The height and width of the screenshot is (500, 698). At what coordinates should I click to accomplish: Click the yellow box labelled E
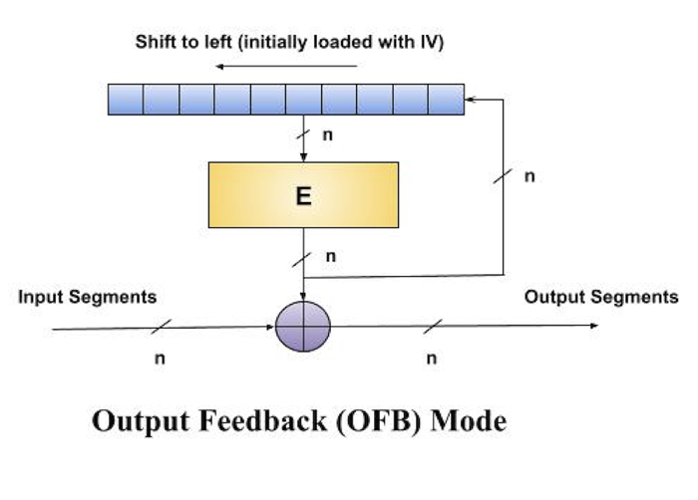pyautogui.click(x=303, y=195)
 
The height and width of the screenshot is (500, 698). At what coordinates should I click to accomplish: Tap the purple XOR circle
pyautogui.click(x=302, y=326)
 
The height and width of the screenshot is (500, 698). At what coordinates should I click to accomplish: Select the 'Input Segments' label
pyautogui.click(x=88, y=297)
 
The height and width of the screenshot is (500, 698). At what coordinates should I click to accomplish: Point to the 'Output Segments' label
pyautogui.click(x=600, y=297)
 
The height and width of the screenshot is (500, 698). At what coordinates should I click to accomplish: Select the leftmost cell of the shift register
pyautogui.click(x=127, y=99)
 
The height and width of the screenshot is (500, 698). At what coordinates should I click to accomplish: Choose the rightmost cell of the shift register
pyautogui.click(x=446, y=99)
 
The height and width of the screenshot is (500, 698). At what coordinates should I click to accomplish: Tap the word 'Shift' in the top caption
pyautogui.click(x=157, y=43)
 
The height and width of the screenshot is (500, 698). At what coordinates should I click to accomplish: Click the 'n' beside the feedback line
pyautogui.click(x=528, y=176)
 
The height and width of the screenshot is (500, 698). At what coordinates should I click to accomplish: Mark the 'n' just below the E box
pyautogui.click(x=330, y=257)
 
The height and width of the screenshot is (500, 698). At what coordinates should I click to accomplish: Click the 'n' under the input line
pyautogui.click(x=160, y=359)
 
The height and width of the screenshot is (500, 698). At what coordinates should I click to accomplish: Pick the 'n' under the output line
pyautogui.click(x=431, y=359)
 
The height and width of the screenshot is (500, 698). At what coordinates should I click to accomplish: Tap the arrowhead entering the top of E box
pyautogui.click(x=303, y=155)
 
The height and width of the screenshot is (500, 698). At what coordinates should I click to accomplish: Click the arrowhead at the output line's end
pyautogui.click(x=594, y=326)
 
